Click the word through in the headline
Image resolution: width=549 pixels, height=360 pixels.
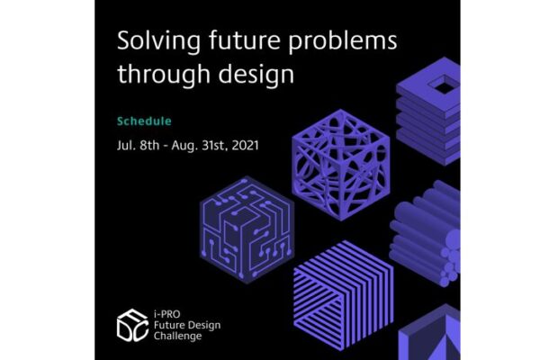163,74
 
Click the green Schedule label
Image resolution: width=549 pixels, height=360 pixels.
144,121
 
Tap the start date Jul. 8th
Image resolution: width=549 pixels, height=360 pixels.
139,145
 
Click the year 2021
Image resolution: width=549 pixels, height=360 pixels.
245,145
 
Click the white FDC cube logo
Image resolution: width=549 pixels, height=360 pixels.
132,326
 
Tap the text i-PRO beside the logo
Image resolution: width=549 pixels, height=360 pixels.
166,314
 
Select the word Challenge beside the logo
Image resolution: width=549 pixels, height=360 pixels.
178,337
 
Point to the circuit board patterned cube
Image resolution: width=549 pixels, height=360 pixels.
247,229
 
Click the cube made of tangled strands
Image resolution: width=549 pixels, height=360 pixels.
341,165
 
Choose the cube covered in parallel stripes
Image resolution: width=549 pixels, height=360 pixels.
344,295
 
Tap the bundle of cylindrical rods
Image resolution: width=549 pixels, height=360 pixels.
426,233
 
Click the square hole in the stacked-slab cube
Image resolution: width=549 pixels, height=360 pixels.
444,84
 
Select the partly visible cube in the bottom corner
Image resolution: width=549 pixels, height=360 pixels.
429,333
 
